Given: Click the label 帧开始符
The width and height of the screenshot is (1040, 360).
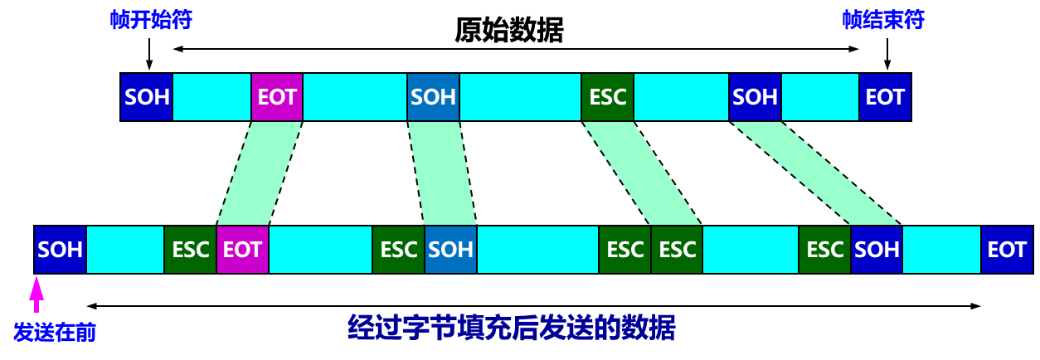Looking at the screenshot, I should pos(151,21).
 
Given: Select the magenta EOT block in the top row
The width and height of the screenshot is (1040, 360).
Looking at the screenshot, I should pos(277,97).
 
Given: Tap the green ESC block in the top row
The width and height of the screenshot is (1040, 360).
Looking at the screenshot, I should pos(607,97).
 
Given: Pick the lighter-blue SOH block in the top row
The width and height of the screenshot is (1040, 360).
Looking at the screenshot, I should pos(433,97).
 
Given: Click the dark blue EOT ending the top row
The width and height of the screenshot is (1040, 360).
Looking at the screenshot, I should pos(884,97).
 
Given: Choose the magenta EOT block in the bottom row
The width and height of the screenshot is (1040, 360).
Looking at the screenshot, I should pos(242,250).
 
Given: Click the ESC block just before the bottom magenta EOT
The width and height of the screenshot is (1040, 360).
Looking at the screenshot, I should pos(191,250).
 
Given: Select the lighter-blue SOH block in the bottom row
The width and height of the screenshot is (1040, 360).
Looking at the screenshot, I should pos(450,250).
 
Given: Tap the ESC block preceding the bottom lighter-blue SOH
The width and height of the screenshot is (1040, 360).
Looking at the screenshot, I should pos(399,250).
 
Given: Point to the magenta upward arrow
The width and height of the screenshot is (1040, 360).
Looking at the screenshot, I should pos(36,294).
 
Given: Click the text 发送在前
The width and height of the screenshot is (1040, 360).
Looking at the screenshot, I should pos(55,333).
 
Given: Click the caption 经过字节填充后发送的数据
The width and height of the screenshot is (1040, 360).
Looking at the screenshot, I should pos(511,328).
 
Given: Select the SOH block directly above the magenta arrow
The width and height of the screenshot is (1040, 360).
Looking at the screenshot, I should pos(61,250).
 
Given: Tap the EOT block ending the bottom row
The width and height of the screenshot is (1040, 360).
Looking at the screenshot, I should pos(1007,250).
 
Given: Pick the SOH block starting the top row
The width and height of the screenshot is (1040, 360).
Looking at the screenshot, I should pos(147,97).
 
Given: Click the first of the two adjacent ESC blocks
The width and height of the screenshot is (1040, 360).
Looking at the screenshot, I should pos(625,250).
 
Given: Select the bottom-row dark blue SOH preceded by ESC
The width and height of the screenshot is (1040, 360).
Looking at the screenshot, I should pos(877,250).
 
